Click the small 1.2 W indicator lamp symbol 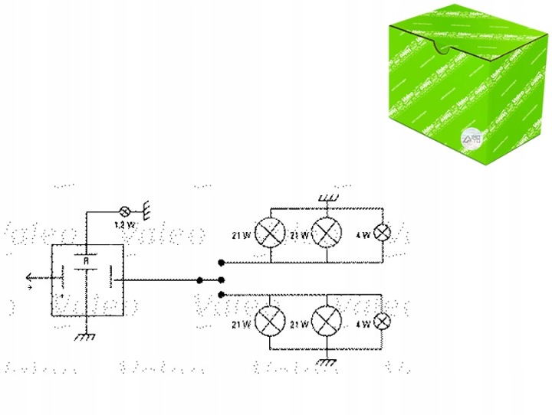tap(126, 211)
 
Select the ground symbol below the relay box tap(87, 336)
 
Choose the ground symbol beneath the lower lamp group tap(327, 361)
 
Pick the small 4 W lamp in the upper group tap(381, 233)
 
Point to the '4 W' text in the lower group tap(363, 325)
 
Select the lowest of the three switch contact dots tap(221, 294)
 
